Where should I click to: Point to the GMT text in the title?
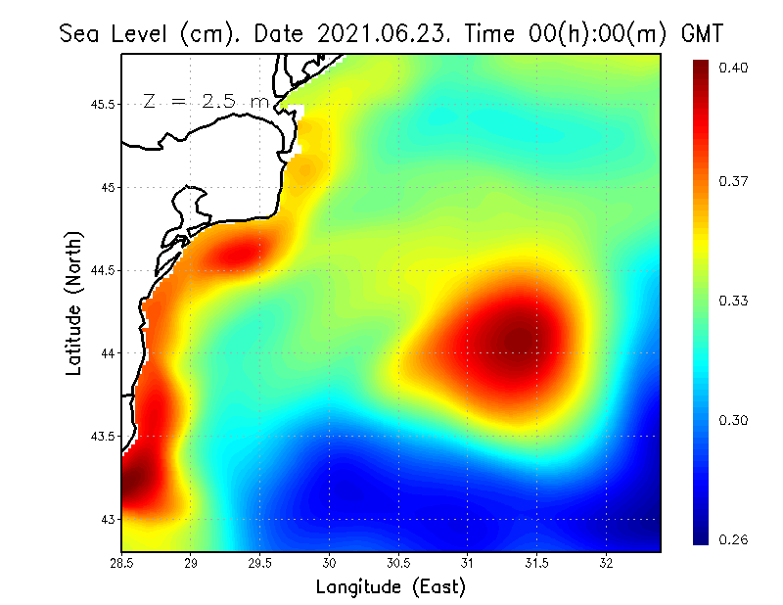click(702, 33)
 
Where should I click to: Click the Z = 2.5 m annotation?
click(205, 101)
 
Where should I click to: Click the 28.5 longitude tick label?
click(122, 563)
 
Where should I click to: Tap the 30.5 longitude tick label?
click(398, 563)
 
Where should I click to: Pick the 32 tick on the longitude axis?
click(607, 563)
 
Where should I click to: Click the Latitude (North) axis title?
click(74, 302)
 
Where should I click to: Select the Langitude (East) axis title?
click(391, 587)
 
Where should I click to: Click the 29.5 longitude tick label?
click(260, 563)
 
